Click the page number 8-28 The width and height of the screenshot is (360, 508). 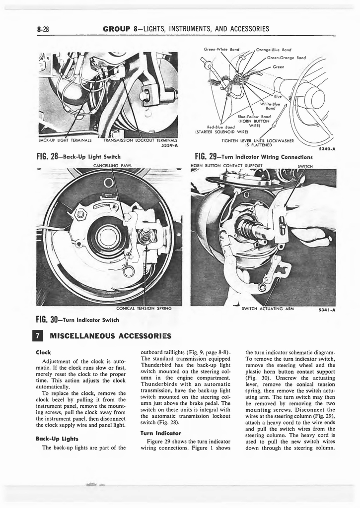[45, 30]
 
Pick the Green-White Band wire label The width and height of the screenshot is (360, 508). [222, 50]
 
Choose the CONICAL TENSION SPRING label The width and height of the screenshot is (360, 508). [144, 309]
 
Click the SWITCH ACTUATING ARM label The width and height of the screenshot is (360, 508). [268, 309]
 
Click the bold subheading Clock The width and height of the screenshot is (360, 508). [44, 352]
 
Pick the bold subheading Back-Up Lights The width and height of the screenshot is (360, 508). [57, 439]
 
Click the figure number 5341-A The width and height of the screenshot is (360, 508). [327, 310]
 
